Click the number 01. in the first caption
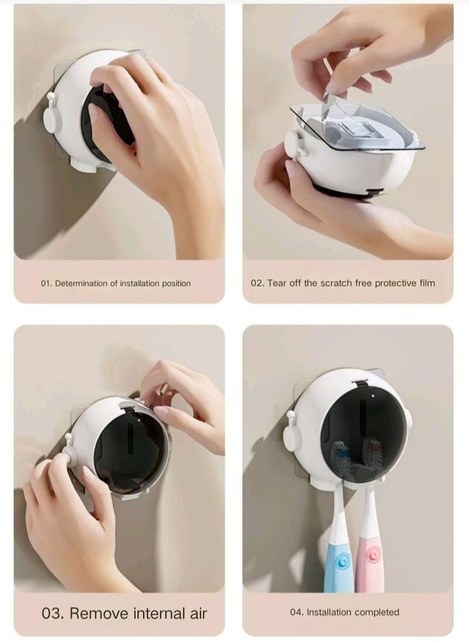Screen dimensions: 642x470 click(x=46, y=283)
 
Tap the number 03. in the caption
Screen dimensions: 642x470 click(x=53, y=613)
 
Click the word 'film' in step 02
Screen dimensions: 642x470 click(x=427, y=283)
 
